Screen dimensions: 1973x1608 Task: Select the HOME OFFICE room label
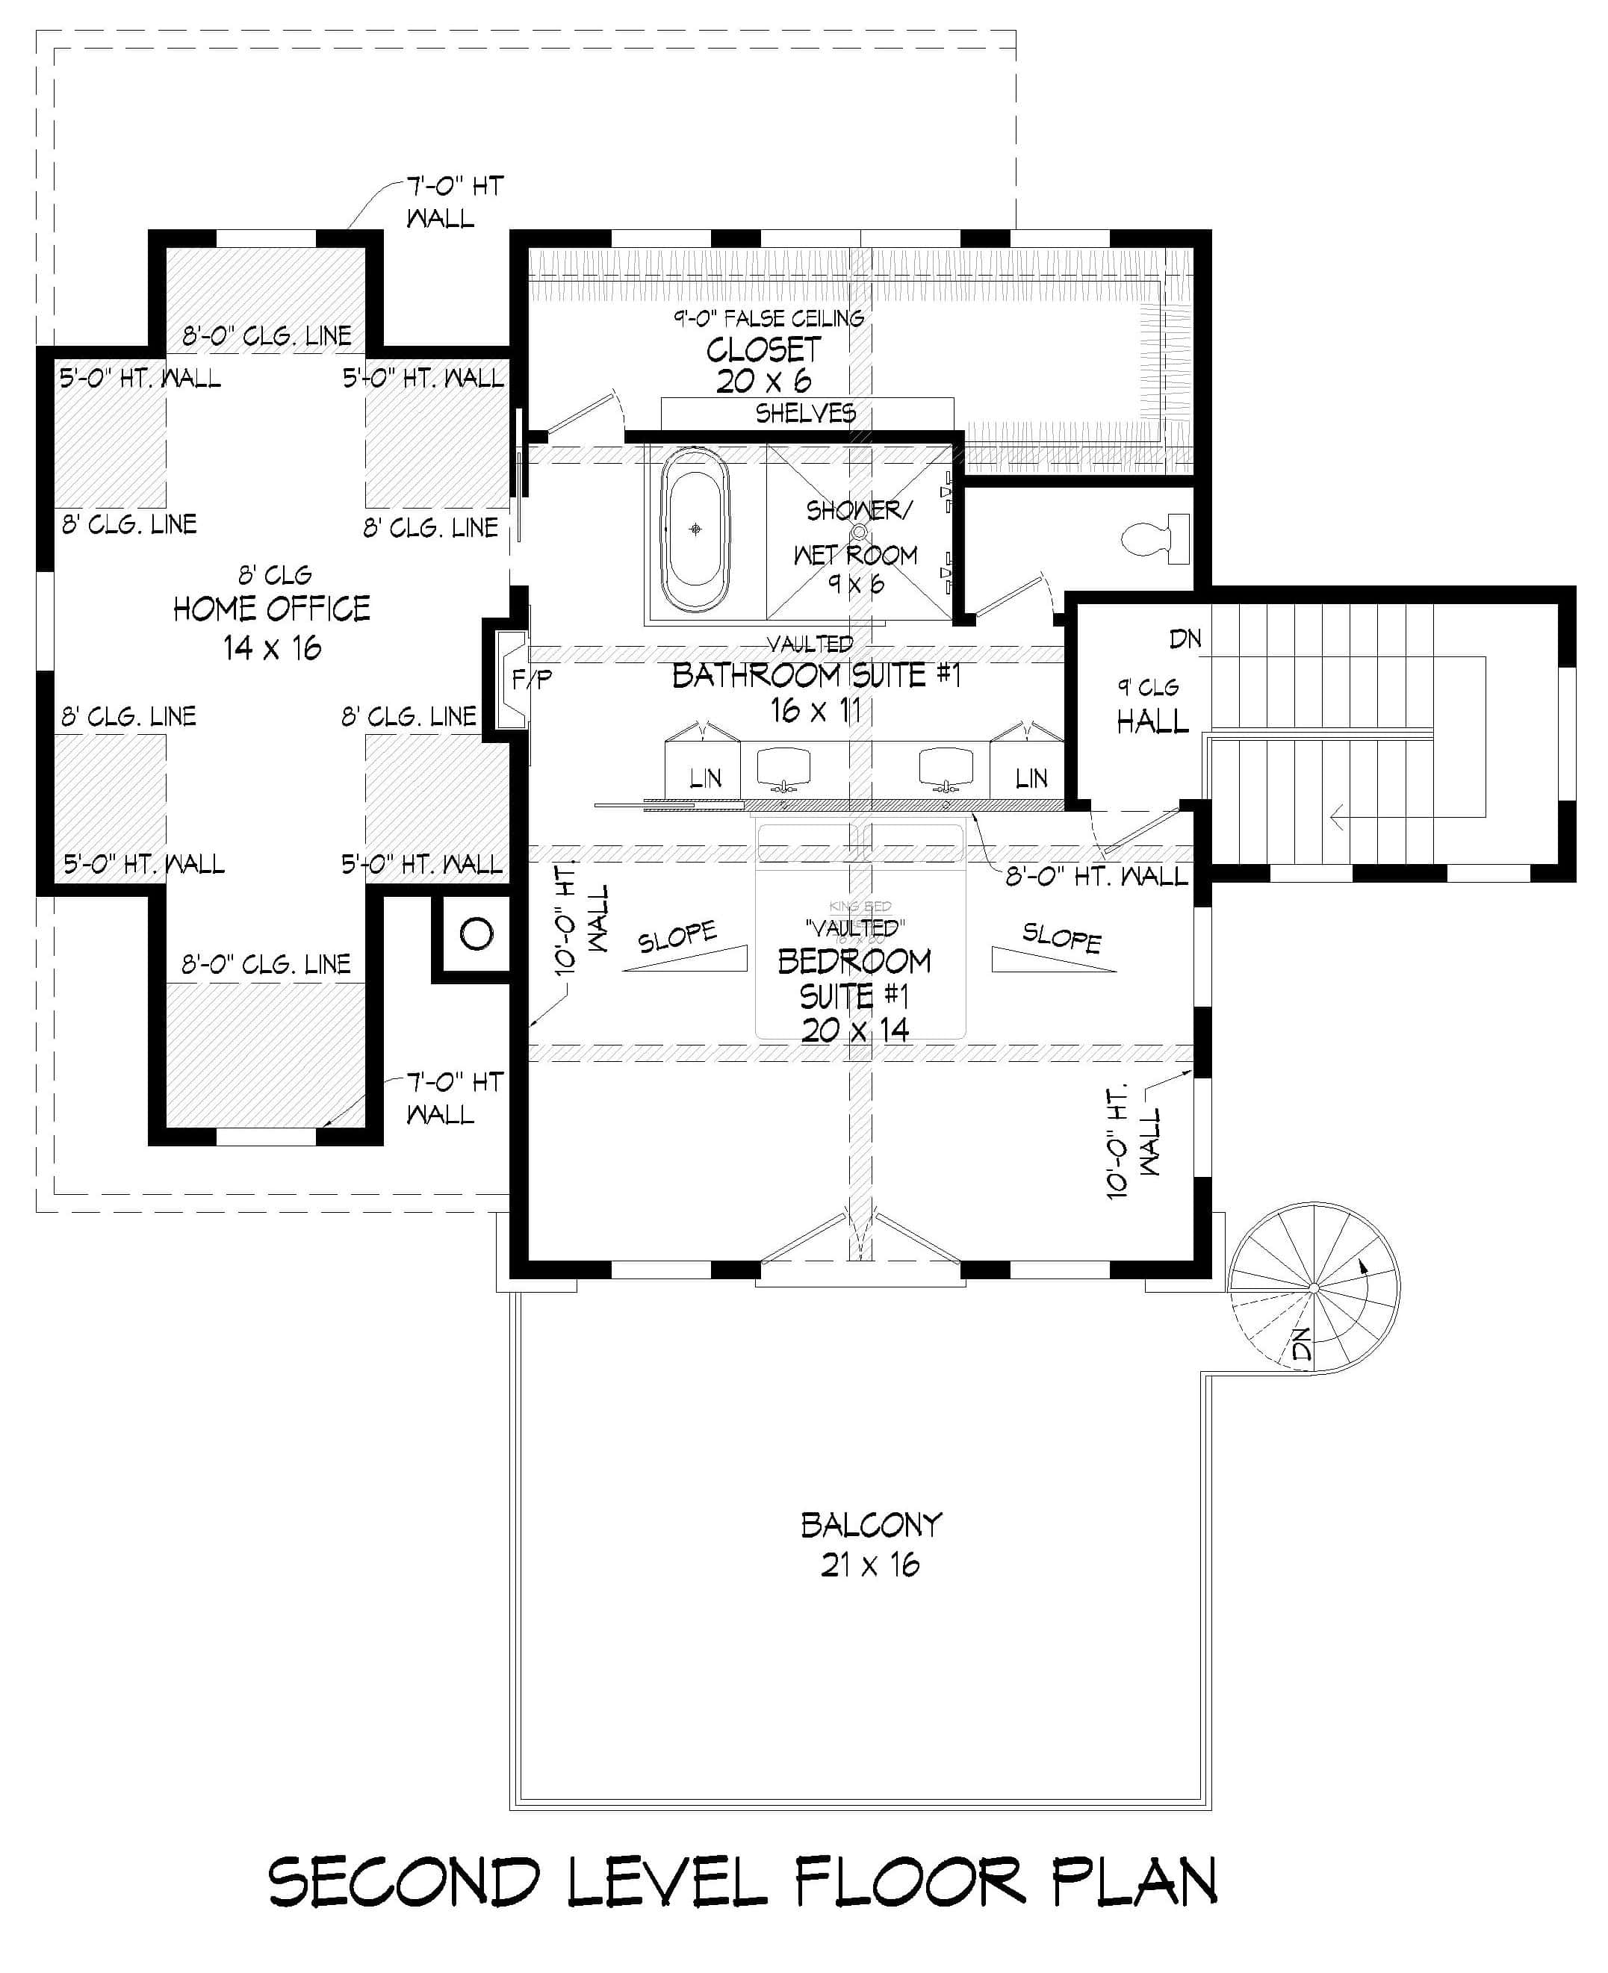271,609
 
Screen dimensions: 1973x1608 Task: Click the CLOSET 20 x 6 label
763,351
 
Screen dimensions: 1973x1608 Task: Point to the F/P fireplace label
532,680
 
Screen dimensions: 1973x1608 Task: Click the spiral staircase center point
1314,1287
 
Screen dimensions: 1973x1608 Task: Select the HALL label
1152,721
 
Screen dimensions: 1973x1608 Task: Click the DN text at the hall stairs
1185,638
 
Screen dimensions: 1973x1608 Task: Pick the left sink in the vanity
783,767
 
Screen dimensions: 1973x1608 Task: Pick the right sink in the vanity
946,767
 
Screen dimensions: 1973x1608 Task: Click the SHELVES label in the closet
806,413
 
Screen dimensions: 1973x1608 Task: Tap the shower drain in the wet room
859,532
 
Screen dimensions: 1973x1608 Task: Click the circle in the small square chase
476,933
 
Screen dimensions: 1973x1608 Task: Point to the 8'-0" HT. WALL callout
1096,875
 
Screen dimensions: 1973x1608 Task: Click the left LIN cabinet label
705,779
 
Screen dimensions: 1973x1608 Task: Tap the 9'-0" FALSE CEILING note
768,319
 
